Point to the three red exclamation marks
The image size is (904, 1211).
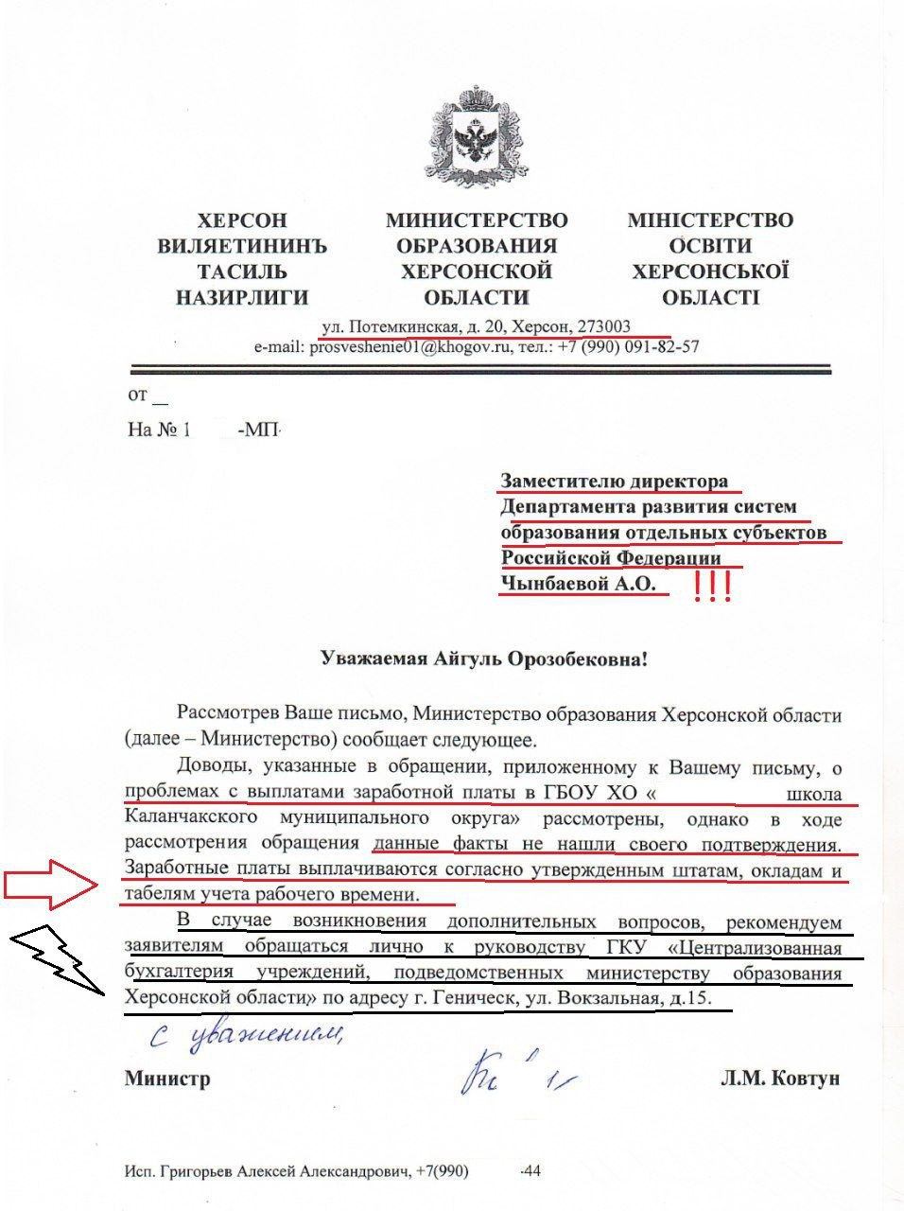(713, 588)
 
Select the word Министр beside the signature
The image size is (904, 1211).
(167, 1079)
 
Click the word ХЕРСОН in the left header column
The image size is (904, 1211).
(242, 220)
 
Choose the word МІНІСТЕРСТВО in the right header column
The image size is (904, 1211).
(710, 220)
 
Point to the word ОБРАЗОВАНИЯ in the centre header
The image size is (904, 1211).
(477, 246)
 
